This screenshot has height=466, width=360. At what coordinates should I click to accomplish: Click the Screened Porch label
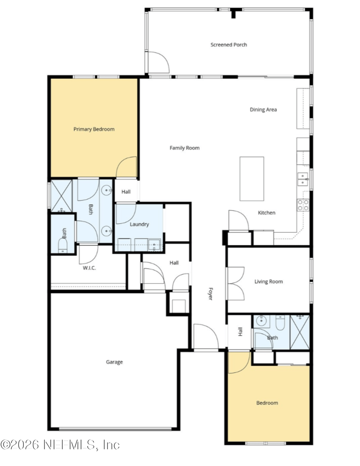click(229, 45)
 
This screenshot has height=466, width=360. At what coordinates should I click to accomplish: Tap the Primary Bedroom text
click(94, 129)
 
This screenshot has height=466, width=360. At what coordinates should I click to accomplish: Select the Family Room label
click(184, 148)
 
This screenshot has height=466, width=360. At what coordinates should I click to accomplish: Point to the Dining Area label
click(263, 109)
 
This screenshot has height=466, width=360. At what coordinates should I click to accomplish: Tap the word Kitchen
click(266, 213)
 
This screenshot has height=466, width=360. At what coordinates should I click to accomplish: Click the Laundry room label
click(139, 224)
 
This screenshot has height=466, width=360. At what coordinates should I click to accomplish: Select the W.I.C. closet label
click(90, 268)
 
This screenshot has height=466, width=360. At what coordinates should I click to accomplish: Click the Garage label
click(114, 362)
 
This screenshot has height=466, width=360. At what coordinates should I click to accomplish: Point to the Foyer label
click(210, 294)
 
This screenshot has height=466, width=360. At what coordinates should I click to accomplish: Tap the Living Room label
click(269, 281)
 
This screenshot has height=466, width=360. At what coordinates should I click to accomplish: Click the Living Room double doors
click(235, 283)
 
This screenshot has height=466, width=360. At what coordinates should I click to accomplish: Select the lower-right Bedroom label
click(267, 403)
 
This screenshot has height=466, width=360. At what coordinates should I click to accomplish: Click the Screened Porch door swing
click(158, 63)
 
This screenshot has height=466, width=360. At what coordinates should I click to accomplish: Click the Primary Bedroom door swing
click(127, 167)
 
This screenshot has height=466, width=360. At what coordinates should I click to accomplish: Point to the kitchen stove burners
click(303, 205)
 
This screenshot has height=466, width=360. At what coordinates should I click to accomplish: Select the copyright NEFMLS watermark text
click(60, 445)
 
